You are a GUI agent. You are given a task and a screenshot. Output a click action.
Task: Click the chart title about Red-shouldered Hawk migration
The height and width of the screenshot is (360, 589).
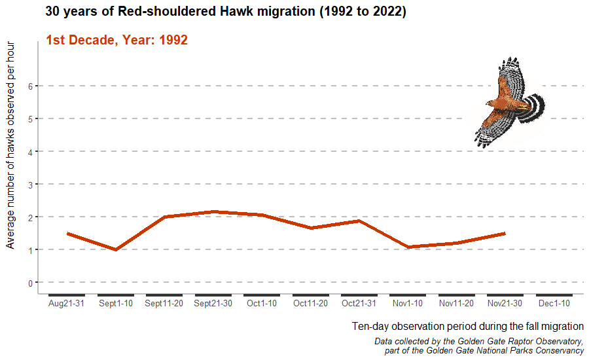226,12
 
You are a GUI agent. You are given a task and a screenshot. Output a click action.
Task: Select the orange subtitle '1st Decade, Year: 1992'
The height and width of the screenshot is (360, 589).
116,40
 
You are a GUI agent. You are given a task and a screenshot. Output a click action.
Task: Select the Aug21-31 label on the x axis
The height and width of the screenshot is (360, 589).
67,304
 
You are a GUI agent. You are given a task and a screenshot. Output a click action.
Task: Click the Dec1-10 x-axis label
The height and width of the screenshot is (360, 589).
554,304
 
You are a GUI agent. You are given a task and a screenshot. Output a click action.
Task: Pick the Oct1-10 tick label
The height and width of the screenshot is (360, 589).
262,304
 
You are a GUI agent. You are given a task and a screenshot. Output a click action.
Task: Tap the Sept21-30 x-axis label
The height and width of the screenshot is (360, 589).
213,304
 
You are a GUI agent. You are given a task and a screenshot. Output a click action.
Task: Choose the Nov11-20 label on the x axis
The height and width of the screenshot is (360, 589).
456,304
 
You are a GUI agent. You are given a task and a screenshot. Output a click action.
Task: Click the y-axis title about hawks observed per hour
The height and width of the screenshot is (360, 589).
10,145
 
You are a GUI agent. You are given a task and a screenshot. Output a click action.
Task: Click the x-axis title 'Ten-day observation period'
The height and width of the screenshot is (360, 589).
467,326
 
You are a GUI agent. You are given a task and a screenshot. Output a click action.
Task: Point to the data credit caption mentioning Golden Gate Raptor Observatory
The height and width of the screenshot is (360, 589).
478,346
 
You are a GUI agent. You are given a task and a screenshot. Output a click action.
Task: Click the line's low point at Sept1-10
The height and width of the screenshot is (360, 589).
116,249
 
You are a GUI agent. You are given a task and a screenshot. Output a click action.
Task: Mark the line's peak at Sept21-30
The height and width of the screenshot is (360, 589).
213,211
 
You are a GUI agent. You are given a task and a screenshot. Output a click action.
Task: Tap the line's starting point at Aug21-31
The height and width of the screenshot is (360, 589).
67,233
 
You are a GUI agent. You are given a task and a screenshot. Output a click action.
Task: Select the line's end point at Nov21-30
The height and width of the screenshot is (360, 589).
505,233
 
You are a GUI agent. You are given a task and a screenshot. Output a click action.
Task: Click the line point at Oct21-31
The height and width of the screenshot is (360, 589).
359,221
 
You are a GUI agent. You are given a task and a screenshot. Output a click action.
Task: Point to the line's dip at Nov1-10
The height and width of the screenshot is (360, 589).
408,247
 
